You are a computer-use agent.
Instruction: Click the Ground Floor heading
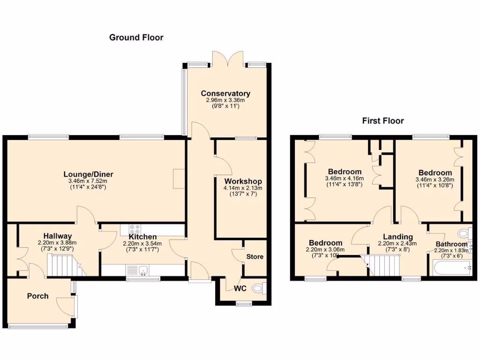tap(136, 37)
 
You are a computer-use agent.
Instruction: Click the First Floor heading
tap(382, 121)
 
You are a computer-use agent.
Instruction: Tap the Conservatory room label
tap(225, 93)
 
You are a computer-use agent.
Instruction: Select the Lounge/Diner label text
tap(89, 174)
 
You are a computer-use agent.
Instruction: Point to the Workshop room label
tap(243, 181)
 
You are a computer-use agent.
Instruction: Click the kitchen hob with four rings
tap(135, 230)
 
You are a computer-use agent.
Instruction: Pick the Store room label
tap(255, 257)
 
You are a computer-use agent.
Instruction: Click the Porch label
tap(37, 296)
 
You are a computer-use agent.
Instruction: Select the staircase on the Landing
tap(382, 265)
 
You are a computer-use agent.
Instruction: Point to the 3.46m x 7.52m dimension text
tap(88, 181)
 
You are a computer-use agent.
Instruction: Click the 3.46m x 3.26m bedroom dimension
tap(435, 180)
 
